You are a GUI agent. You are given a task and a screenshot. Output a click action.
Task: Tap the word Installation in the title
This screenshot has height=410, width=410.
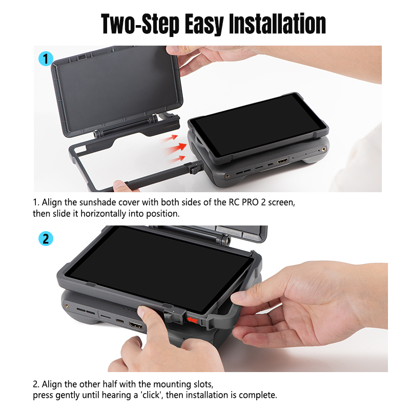[277, 24]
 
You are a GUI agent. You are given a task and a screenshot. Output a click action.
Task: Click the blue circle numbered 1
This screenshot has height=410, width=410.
[46, 59]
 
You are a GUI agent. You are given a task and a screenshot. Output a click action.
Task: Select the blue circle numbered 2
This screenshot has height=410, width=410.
[46, 239]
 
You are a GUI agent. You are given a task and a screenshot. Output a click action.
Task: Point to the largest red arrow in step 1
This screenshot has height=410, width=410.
[176, 148]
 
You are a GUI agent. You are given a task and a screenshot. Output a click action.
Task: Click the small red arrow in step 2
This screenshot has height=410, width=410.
[193, 320]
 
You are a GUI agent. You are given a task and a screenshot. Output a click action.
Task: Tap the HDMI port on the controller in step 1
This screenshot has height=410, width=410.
[282, 161]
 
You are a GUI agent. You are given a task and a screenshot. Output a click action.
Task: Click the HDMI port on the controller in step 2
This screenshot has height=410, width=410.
[136, 325]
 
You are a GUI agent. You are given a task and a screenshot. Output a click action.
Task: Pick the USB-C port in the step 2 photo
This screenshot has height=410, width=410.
[120, 321]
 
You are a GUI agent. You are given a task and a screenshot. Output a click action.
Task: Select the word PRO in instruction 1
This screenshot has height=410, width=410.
[250, 202]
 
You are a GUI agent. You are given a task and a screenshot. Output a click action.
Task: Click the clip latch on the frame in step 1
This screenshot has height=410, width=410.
[195, 168]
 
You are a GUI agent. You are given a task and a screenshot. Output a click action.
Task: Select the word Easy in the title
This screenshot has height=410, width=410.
[203, 25]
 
